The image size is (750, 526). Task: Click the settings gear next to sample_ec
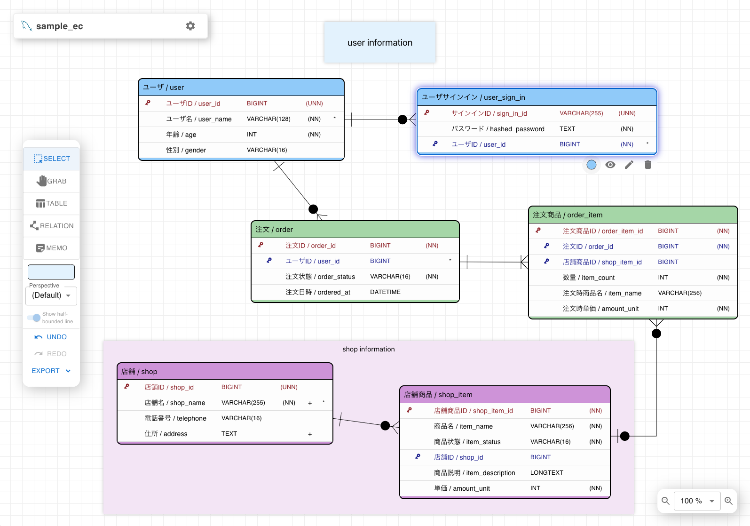click(x=190, y=26)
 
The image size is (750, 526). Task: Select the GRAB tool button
click(x=51, y=181)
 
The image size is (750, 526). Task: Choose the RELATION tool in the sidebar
click(x=51, y=226)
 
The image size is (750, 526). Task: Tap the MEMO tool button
click(x=51, y=248)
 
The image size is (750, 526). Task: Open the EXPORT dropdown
click(x=51, y=371)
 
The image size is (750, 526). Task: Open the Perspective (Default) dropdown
click(x=51, y=295)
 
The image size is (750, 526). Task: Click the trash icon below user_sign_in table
click(x=648, y=165)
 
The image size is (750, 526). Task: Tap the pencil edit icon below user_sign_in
click(x=629, y=165)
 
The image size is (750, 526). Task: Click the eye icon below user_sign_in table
click(x=610, y=165)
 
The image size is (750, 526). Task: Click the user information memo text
click(x=379, y=42)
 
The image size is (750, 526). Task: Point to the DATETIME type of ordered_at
click(x=385, y=292)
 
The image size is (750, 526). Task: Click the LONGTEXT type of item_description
click(x=546, y=472)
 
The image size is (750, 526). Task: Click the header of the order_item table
click(x=633, y=215)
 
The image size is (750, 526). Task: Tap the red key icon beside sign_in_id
click(x=426, y=113)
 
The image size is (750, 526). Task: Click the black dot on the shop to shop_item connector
click(x=386, y=425)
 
